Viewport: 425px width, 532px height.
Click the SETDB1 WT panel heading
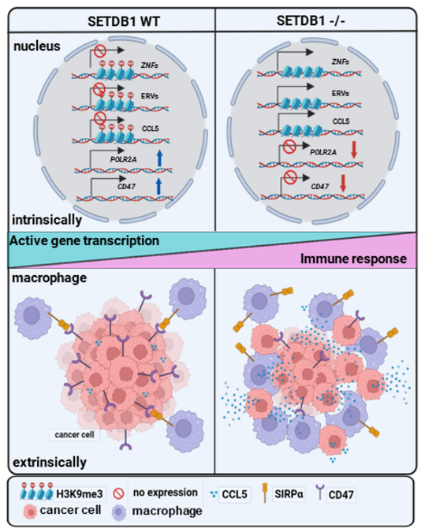tap(124, 22)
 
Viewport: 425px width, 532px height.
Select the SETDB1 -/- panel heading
tap(311, 21)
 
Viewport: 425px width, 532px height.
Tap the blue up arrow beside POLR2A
tap(159, 158)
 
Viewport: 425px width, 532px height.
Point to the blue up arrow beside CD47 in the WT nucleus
tap(158, 187)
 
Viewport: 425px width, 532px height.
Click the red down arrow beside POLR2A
tap(354, 151)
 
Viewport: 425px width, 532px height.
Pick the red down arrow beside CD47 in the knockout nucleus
tap(343, 183)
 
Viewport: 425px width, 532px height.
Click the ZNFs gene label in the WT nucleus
tap(150, 65)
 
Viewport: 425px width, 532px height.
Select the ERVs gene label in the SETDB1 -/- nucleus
tap(340, 93)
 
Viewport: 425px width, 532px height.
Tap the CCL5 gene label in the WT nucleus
tap(150, 128)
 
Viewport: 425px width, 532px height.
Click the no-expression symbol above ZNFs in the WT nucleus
tap(100, 51)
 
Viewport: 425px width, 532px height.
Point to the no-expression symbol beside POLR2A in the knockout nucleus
tap(289, 147)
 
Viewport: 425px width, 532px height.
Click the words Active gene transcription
tap(84, 240)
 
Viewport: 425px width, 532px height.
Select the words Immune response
tap(353, 259)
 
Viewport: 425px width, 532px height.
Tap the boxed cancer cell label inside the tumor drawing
tap(75, 434)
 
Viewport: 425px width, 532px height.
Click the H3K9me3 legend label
tap(80, 494)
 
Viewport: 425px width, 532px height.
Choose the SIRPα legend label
tap(289, 494)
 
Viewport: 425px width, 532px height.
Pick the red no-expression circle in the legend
tap(118, 493)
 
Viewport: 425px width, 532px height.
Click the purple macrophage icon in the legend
tap(119, 512)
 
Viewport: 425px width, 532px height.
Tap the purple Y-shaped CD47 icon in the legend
tap(320, 492)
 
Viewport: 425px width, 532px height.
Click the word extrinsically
tap(50, 462)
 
